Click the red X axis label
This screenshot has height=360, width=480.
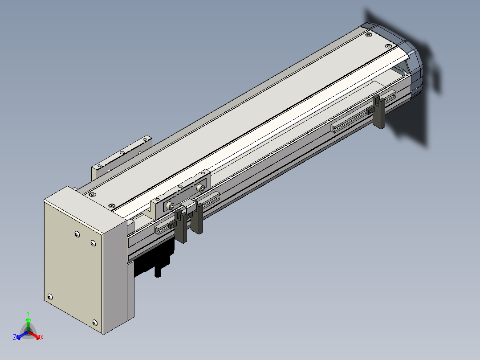coord(42,337)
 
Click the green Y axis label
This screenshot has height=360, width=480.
coord(28,313)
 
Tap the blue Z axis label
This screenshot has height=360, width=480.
coord(15,337)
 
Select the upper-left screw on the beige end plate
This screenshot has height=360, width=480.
coord(77,234)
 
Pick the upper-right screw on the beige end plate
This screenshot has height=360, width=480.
coord(93,243)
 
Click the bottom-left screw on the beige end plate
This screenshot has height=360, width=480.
coord(50,297)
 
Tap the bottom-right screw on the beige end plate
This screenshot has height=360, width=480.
coord(95,323)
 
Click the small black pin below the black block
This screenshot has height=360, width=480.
coord(158,272)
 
